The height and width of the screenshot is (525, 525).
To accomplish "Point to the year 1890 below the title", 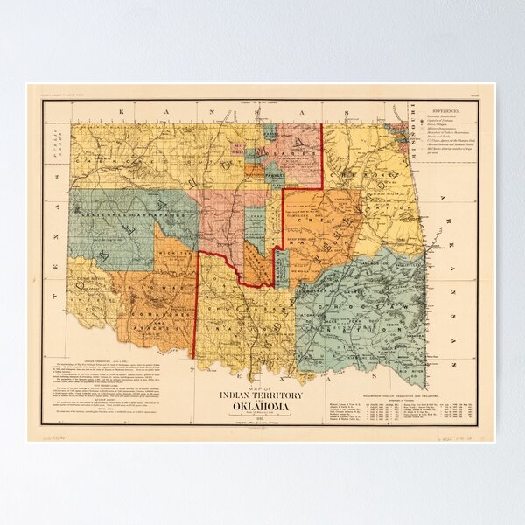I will tap(259, 418).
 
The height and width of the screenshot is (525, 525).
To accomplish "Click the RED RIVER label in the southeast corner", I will tap(411, 359).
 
